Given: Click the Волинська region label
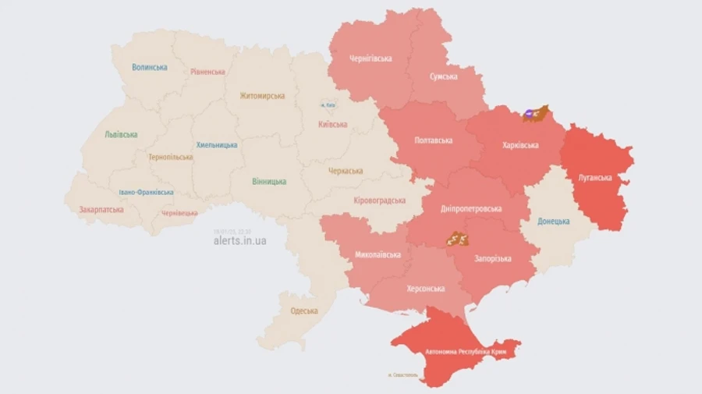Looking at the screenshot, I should tap(149, 67).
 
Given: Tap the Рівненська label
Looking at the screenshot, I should tap(207, 72).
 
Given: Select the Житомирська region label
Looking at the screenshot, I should tap(261, 96).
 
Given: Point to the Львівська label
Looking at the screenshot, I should tap(121, 134).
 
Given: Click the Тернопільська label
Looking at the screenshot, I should tap(170, 157).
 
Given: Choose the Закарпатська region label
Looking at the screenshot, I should tap(101, 209).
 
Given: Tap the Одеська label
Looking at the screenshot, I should tap(303, 311).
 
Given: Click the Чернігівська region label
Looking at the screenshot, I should tap(370, 59).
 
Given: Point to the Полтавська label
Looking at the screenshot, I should tap(433, 140).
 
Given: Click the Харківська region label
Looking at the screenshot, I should tap(520, 145).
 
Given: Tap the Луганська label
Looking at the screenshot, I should tap(594, 177).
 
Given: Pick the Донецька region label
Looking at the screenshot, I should tap(553, 221).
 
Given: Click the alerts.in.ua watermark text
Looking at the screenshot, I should tap(239, 241).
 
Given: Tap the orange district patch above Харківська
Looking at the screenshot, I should tap(535, 114).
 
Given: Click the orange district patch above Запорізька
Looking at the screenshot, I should tap(457, 239).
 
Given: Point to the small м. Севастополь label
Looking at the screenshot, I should tap(402, 375).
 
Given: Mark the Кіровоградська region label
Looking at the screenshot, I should tap(380, 201).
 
